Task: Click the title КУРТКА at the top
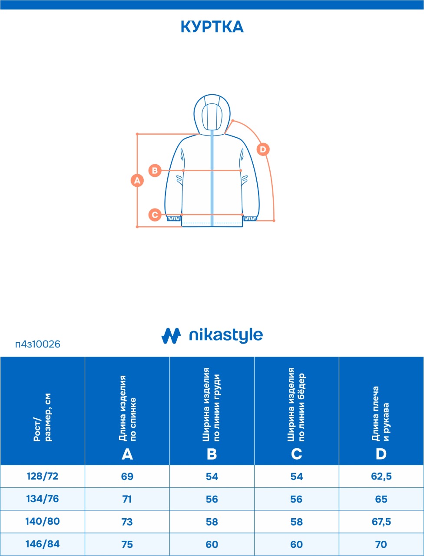coord(212,27)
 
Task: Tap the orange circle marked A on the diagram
coord(137,180)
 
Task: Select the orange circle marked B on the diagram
coord(155,170)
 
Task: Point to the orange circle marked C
coord(155,215)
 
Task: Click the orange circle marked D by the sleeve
coord(263,149)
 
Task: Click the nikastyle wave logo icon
coord(171,336)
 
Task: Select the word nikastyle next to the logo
coord(226,335)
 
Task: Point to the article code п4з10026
coord(38,344)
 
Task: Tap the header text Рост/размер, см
coord(43,417)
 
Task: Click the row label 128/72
coord(43,476)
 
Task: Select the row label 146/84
coord(43,544)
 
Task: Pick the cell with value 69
coord(127,476)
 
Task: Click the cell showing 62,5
coord(381,477)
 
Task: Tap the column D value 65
coord(381,499)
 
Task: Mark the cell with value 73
coord(127,522)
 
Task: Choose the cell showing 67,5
coord(381,522)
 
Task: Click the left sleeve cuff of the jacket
coord(174,218)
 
